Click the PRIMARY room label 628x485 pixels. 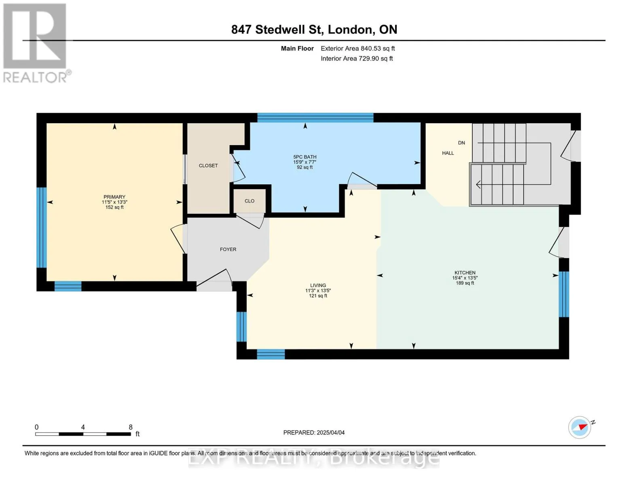point(114,197)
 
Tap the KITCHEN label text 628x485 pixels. point(464,272)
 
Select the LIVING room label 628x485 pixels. point(317,285)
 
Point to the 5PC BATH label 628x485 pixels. point(304,157)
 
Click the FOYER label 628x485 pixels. point(228,249)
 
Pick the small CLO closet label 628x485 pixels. point(249,201)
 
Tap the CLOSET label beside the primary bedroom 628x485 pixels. point(208,166)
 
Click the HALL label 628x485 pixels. point(448,153)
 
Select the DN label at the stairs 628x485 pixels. point(461,143)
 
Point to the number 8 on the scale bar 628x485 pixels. point(130,427)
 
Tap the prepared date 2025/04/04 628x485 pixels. point(330,432)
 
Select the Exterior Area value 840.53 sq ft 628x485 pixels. point(377,48)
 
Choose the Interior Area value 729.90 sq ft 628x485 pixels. point(375,58)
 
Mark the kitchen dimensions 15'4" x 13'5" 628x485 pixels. point(465,278)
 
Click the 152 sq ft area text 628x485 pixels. point(114,207)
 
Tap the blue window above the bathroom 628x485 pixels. point(315,118)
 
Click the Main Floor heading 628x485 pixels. point(297,48)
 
